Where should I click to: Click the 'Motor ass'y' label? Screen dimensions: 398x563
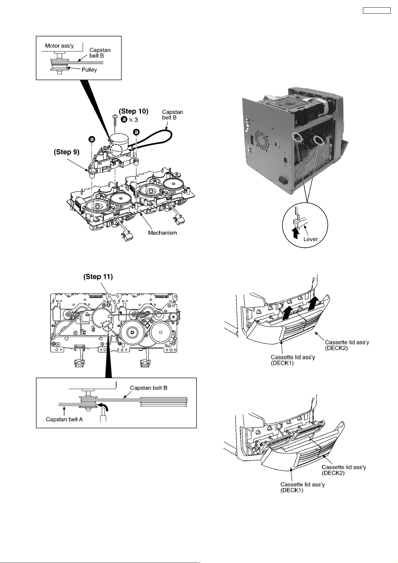tap(59, 46)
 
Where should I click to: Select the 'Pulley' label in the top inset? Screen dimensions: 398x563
tap(89, 69)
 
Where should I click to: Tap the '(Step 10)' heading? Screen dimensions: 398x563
tap(134, 111)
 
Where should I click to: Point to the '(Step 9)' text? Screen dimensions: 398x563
tap(67, 152)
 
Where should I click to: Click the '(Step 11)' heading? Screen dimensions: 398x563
tap(98, 277)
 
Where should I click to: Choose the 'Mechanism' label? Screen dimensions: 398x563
tap(162, 233)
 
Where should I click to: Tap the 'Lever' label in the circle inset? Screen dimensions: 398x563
tap(310, 239)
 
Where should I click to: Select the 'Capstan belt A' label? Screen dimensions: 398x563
tap(64, 419)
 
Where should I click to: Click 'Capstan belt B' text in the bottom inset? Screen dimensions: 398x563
tap(149, 388)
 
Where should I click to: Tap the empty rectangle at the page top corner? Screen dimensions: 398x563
tap(377, 11)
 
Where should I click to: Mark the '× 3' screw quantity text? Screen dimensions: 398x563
tap(134, 120)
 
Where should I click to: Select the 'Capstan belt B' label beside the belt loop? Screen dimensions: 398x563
tap(172, 115)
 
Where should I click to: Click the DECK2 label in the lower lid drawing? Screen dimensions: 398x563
tap(344, 470)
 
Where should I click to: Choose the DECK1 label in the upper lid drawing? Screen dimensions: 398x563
tap(293, 360)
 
